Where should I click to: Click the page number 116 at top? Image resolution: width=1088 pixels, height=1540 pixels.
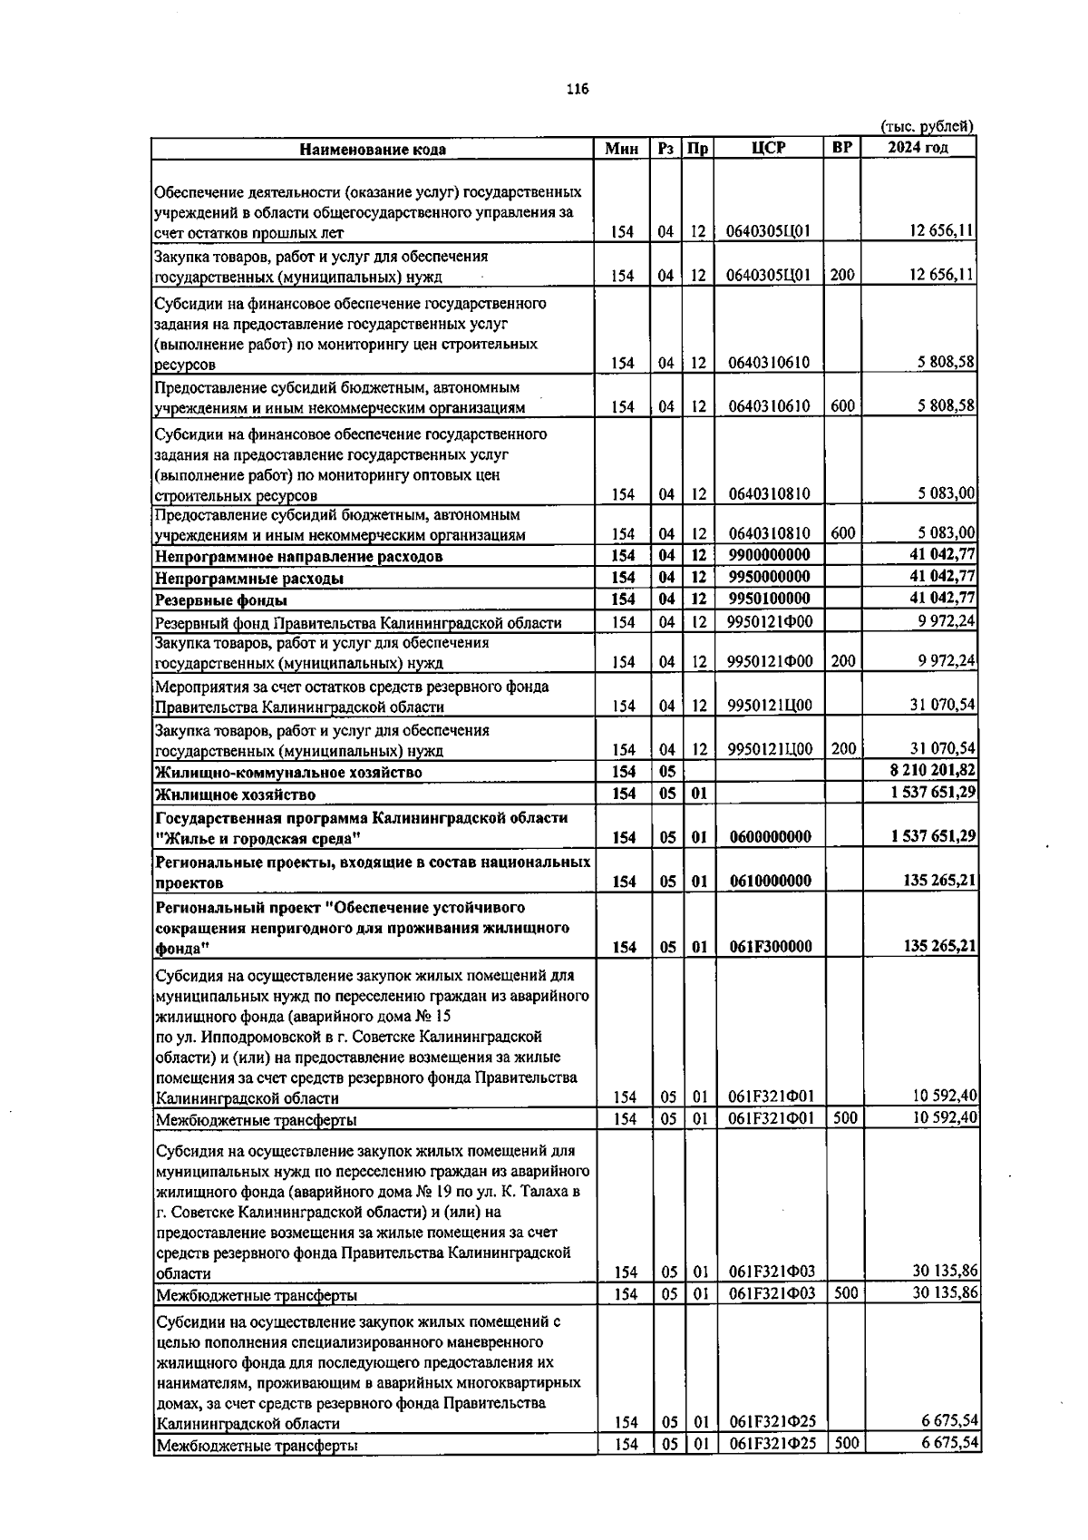pos(577,88)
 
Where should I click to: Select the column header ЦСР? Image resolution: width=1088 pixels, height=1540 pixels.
pos(768,148)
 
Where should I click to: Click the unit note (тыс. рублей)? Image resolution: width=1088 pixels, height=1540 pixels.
pos(927,127)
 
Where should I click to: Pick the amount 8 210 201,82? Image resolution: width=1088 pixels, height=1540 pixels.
pos(934,770)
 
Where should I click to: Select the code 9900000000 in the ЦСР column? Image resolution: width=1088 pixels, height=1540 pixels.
pos(769,554)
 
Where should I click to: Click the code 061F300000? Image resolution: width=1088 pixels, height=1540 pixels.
pos(770,946)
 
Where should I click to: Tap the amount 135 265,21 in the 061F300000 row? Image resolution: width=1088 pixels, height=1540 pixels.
pos(940,946)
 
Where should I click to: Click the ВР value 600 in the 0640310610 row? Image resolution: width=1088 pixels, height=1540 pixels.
pos(842,405)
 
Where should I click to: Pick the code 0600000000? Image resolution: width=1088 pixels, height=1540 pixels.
pos(770,836)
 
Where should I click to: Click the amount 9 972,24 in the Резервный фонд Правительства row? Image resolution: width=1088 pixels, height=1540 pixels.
pos(947,621)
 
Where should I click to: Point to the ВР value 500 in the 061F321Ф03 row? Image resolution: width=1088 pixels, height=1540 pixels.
pos(845,1292)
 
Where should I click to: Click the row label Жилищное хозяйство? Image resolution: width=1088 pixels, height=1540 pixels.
pos(236,794)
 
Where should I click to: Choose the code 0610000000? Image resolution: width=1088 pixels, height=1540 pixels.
pos(770,881)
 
